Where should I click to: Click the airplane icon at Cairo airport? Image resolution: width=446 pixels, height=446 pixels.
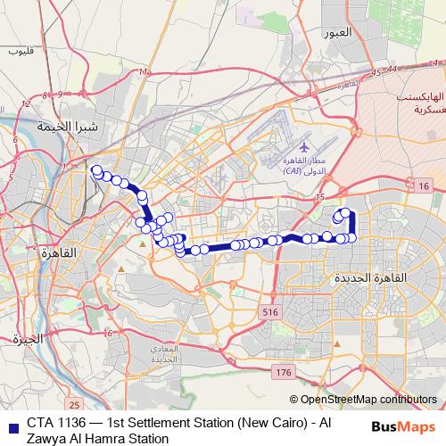point(303,146)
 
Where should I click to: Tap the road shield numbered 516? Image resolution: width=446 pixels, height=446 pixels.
point(270,311)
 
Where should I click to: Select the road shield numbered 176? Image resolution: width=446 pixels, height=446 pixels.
point(284,370)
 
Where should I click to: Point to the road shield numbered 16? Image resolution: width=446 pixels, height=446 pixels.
point(422,185)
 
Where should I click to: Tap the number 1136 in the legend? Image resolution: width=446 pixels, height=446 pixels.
point(74,423)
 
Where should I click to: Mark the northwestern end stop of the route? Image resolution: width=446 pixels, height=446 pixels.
point(96,169)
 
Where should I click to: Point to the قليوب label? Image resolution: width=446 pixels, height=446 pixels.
point(20,52)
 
